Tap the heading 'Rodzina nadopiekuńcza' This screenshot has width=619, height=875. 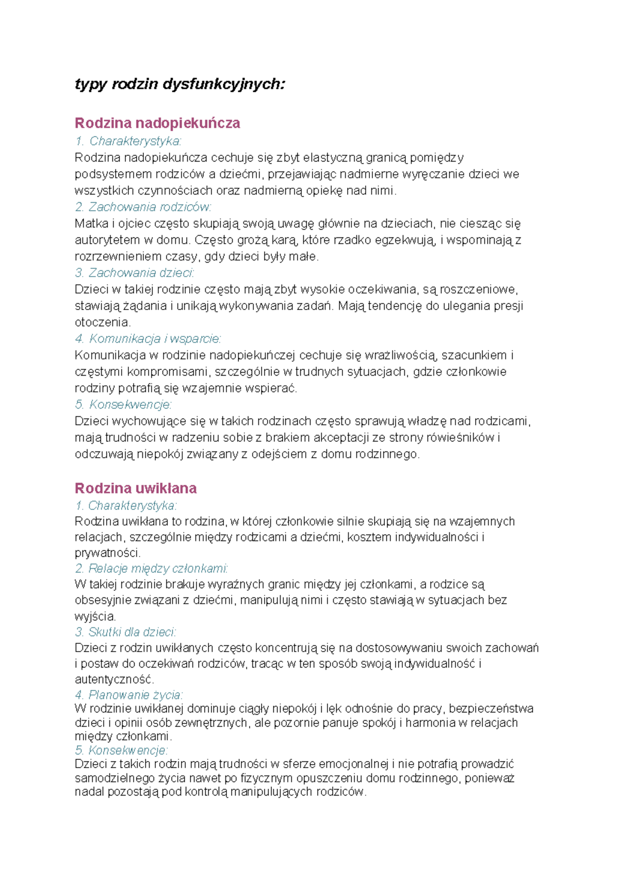coord(157,123)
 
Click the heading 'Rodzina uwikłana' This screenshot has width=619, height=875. coord(136,488)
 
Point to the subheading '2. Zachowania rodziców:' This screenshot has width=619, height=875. coord(143,207)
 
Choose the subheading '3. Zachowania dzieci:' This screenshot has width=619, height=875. coord(134,273)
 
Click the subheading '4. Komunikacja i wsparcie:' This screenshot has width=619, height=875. coord(148,339)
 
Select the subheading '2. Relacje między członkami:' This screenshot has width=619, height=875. coord(151,569)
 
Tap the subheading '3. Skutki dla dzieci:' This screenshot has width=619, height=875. coord(125,632)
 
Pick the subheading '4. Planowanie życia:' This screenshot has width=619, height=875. coord(128,695)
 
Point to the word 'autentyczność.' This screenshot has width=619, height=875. coord(115,679)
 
